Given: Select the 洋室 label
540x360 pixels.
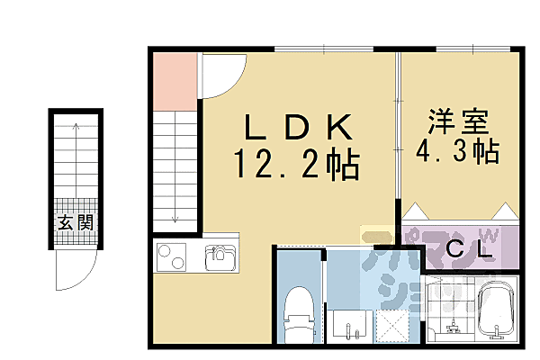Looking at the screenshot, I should tap(456, 121).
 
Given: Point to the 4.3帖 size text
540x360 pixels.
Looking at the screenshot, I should tap(456, 150).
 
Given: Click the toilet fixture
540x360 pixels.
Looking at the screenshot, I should tap(298, 311).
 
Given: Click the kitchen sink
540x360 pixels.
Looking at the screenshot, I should tap(219, 259).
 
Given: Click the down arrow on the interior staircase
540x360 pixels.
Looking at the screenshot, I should tap(175, 216).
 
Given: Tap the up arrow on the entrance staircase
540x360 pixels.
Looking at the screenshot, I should tap(76, 130).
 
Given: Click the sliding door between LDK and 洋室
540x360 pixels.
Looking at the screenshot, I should tap(398, 135).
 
